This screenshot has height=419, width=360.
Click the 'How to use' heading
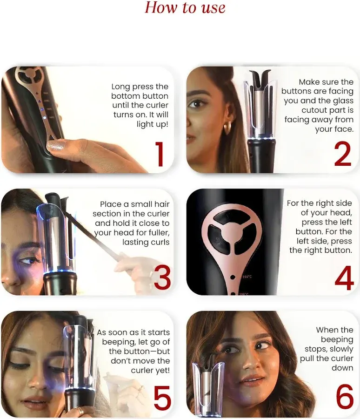(x=185, y=8)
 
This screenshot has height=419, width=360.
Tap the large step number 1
(x=160, y=155)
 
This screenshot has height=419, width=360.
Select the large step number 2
(x=343, y=155)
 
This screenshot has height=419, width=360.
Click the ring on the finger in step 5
(x=80, y=411)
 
